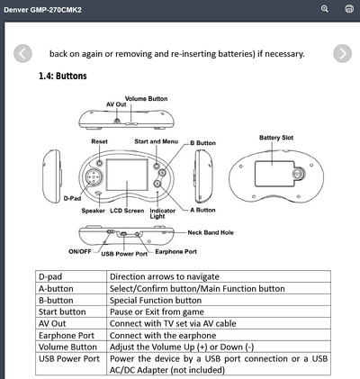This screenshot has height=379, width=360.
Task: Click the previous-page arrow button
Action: coord(22,53)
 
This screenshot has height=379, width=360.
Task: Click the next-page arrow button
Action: coord(342,53)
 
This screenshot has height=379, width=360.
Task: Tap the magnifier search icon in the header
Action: coord(325,9)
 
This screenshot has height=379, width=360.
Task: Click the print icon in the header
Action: coord(349,9)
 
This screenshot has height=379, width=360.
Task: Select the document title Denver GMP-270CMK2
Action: coord(42,10)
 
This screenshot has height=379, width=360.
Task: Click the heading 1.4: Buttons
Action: coord(63,76)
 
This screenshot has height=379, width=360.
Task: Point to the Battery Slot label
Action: coord(276,138)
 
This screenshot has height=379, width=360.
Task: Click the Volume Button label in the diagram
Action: coord(146,99)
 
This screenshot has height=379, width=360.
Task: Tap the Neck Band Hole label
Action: coord(211,232)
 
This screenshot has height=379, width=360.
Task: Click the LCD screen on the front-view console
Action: coord(127,175)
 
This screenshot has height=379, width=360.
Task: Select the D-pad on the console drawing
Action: coord(94,177)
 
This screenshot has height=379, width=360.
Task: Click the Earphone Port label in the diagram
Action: coord(176,252)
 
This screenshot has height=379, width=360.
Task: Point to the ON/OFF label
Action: coord(80,252)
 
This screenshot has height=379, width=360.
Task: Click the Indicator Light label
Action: coord(163,213)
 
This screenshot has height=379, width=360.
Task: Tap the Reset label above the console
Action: coord(99,141)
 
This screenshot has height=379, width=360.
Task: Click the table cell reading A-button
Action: coord(71,289)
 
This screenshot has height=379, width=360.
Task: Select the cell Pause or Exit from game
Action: coord(219,312)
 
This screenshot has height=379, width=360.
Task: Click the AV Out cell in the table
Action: coord(71,324)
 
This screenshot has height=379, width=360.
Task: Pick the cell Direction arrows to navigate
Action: coord(219,276)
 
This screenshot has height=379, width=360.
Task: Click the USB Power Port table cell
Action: coord(71,364)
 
